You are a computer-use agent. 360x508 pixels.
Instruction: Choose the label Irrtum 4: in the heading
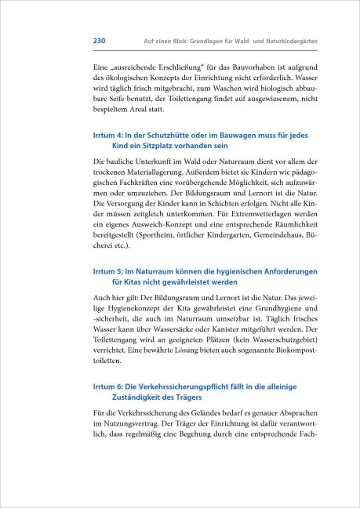coord(114,136)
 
